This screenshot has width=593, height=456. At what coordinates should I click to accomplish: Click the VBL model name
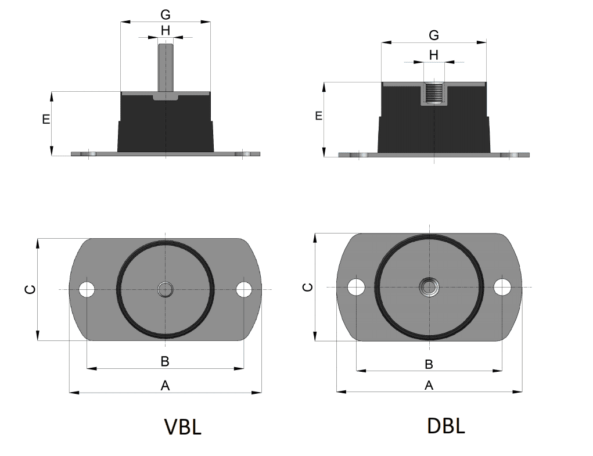point(183,427)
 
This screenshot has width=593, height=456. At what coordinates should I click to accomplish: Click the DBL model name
point(446,426)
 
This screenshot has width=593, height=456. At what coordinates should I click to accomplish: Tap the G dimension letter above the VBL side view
point(165,15)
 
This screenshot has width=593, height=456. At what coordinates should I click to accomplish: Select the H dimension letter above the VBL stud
point(165,30)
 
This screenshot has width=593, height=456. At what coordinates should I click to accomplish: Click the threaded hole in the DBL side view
point(433,93)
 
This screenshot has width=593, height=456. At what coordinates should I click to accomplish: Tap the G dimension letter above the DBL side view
point(433,35)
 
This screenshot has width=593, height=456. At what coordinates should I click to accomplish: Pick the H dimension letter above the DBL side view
point(433,55)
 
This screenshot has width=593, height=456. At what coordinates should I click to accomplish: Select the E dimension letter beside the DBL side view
point(318,116)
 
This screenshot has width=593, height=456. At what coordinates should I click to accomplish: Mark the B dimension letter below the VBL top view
point(165,361)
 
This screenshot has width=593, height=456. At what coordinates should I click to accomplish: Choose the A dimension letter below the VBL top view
point(165,385)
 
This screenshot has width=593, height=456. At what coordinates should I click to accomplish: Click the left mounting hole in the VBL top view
point(87,289)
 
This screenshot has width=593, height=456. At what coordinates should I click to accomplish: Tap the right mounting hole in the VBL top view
point(245,289)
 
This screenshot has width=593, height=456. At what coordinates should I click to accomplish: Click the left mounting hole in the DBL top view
point(355,286)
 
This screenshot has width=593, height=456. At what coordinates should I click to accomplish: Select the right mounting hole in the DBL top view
point(502,286)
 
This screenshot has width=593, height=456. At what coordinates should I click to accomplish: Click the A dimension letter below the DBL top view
point(429,385)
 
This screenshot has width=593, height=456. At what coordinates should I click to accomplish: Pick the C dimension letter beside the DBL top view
point(309,287)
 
